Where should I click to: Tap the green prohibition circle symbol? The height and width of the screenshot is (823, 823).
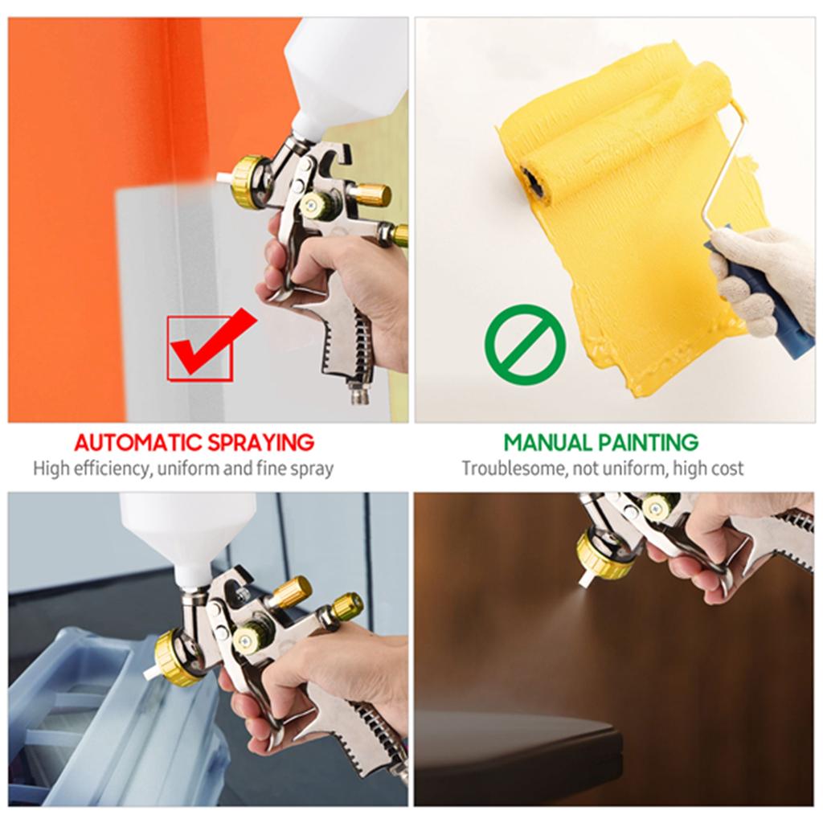(x=525, y=344)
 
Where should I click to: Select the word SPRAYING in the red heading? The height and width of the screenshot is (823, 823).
(x=261, y=442)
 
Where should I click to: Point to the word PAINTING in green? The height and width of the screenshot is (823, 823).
(x=649, y=442)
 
